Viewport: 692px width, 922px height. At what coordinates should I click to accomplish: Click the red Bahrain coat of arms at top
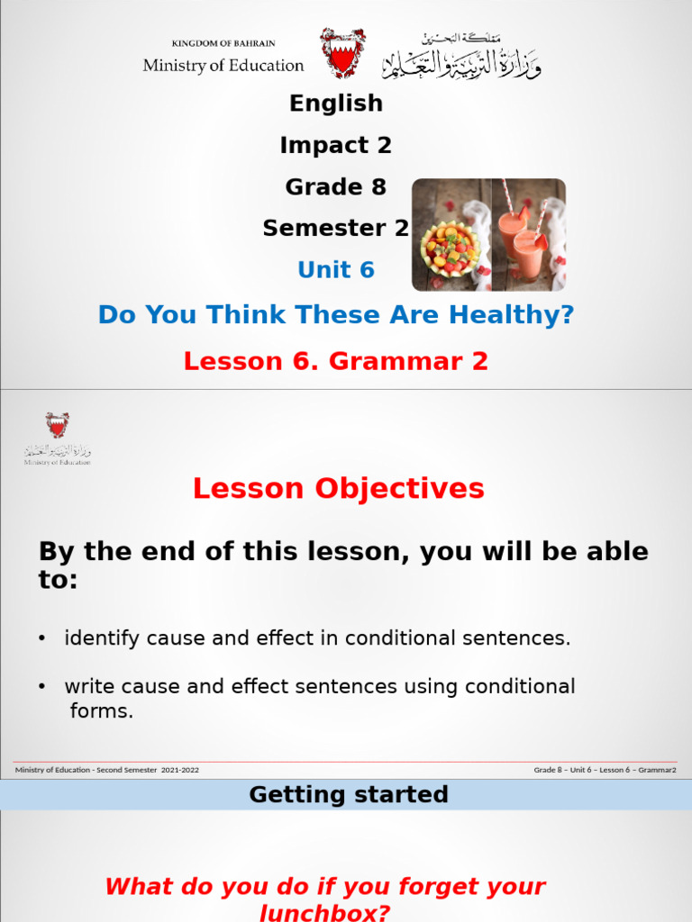coord(342,53)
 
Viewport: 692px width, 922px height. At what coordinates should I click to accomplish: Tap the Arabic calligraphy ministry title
coord(461,57)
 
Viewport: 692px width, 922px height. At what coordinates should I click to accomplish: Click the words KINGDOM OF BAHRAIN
coord(223,43)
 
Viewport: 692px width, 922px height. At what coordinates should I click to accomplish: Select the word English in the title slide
coord(336,104)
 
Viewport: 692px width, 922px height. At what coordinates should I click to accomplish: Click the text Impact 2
coord(336,145)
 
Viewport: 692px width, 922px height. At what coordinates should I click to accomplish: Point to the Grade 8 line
coord(336,187)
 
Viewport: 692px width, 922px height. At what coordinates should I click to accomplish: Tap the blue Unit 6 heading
coord(336,270)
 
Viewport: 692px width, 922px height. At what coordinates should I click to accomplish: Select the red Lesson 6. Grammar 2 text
coord(336,361)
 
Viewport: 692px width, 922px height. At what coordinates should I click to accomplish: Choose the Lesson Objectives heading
coord(338,489)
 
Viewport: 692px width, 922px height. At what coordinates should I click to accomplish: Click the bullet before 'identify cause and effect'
coord(41,639)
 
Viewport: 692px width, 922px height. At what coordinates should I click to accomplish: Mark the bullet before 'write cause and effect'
coord(41,687)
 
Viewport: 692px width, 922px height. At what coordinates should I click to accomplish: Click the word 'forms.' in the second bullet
coord(101,711)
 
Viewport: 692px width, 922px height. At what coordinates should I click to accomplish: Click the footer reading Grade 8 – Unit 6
coord(605,770)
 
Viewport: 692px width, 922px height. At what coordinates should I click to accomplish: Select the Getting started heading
coord(348,794)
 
